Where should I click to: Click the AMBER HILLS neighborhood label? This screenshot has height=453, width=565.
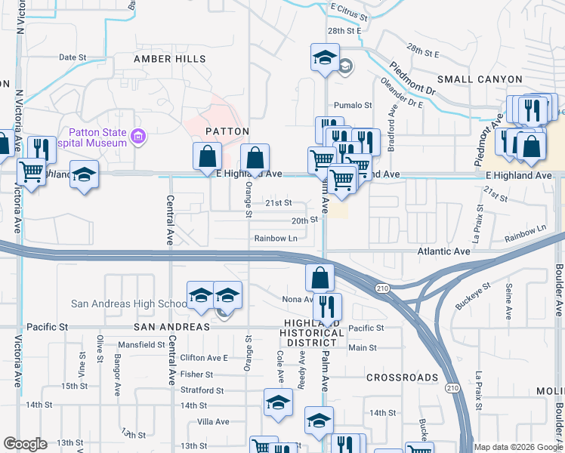tap(169, 59)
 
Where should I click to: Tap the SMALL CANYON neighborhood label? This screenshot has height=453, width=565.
tap(479, 79)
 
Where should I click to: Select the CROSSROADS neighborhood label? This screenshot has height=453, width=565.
tap(402, 377)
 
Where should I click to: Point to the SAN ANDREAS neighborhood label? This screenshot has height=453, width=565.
tap(171, 327)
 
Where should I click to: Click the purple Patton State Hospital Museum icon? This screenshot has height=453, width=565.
tap(137, 137)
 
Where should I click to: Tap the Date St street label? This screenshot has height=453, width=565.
tap(73, 57)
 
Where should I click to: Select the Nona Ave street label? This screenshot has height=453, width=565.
tap(298, 300)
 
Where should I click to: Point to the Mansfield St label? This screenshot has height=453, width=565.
tap(141, 345)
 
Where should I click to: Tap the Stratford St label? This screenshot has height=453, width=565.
tap(202, 391)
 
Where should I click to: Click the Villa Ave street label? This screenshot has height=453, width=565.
tap(212, 422)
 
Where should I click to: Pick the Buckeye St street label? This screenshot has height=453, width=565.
tap(473, 296)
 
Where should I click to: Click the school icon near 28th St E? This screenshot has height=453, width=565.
tap(324, 58)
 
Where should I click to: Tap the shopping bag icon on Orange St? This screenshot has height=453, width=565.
tap(255, 158)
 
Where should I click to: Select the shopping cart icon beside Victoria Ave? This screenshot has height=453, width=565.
tap(31, 173)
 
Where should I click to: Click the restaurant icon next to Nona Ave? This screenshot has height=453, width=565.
tap(327, 306)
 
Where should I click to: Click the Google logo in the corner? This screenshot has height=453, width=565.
tap(25, 444)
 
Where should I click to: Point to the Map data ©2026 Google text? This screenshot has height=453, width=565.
tap(518, 447)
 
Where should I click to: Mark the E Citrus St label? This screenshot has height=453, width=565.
tap(349, 16)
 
